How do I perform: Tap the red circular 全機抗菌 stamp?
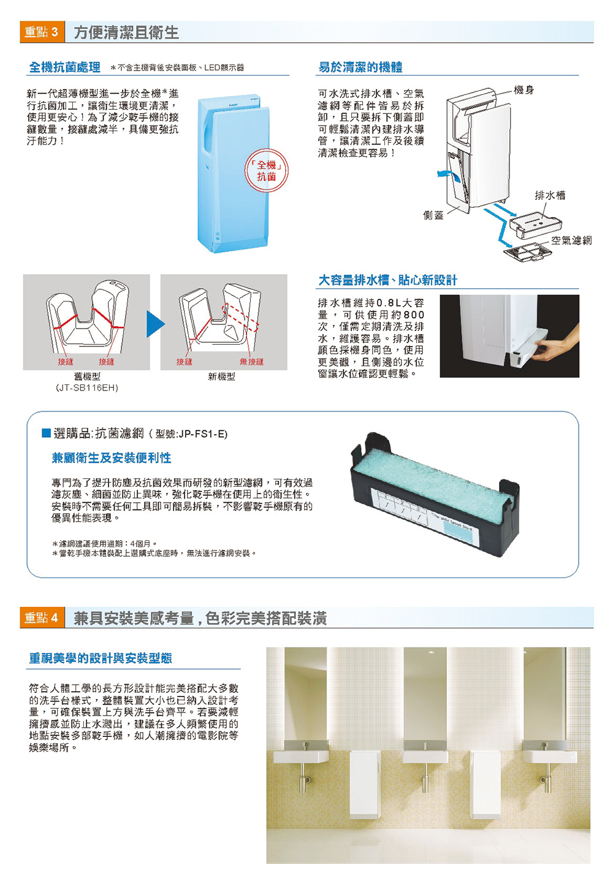(266, 170)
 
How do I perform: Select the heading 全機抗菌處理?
(65, 67)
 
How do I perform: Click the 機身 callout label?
(524, 90)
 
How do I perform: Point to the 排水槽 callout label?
(550, 195)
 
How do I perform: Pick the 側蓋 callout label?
(433, 215)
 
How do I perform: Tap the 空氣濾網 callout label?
(571, 240)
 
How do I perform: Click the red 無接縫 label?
(251, 362)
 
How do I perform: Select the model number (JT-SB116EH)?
(87, 387)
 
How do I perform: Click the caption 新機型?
(221, 376)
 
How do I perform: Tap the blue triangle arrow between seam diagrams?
(155, 324)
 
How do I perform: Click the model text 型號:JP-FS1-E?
(191, 434)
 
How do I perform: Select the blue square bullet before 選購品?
(46, 433)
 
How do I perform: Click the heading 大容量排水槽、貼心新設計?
(387, 280)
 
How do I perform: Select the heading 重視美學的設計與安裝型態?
(101, 658)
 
